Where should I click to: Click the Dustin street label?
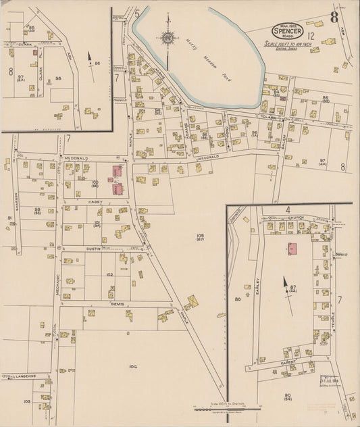point(93,249)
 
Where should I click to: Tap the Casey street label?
point(94,201)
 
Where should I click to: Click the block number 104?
point(132,366)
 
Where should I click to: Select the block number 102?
point(109,275)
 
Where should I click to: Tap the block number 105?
point(200,236)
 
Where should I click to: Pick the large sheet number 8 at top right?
point(334,17)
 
